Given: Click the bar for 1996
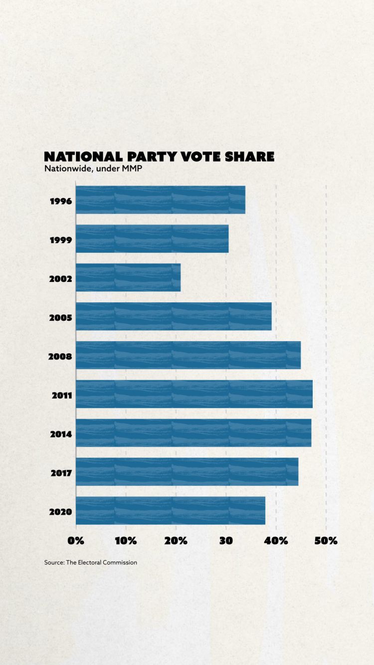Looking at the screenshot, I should pyautogui.click(x=160, y=200).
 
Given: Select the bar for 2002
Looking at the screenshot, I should pyautogui.click(x=128, y=277).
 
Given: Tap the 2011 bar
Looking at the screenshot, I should pyautogui.click(x=194, y=394).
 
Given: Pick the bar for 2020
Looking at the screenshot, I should pyautogui.click(x=170, y=511).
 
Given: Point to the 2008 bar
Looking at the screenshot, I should pyautogui.click(x=188, y=355).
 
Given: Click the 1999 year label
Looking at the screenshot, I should pyautogui.click(x=61, y=240).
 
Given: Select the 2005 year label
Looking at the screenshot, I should pyautogui.click(x=61, y=318).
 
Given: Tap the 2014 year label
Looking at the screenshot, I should pyautogui.click(x=61, y=435).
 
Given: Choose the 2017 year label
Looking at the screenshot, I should pyautogui.click(x=61, y=473).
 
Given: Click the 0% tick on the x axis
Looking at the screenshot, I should pyautogui.click(x=76, y=541).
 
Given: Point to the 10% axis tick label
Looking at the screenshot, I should pyautogui.click(x=126, y=541).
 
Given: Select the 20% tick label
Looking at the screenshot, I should pyautogui.click(x=176, y=541).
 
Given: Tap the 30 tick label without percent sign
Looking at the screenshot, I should pyautogui.click(x=226, y=541).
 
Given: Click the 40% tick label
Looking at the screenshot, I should pyautogui.click(x=276, y=541).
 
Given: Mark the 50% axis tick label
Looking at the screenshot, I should pyautogui.click(x=326, y=541).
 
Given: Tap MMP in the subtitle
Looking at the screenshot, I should pyautogui.click(x=133, y=169).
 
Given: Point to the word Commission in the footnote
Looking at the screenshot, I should pyautogui.click(x=121, y=562).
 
